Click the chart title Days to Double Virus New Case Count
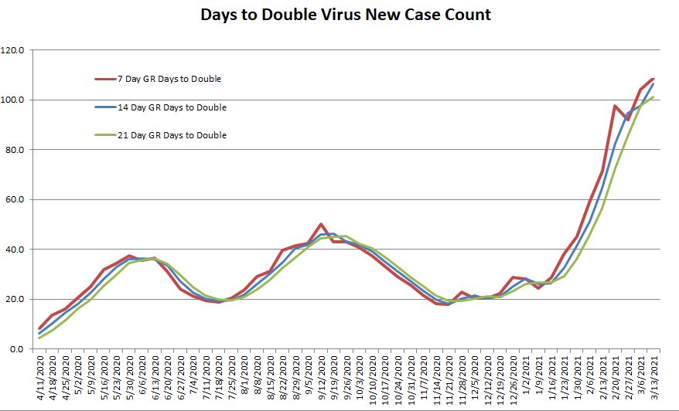point(346,15)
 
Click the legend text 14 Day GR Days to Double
point(172,107)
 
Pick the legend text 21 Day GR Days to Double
point(172,135)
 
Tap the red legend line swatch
point(104,79)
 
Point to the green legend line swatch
point(104,135)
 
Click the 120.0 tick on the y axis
point(15,50)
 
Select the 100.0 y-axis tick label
point(15,100)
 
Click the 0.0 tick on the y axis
point(19,349)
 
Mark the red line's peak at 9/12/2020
point(321,224)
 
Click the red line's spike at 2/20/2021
point(615,106)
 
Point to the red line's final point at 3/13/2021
point(653,79)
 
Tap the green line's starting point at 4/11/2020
point(40,338)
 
